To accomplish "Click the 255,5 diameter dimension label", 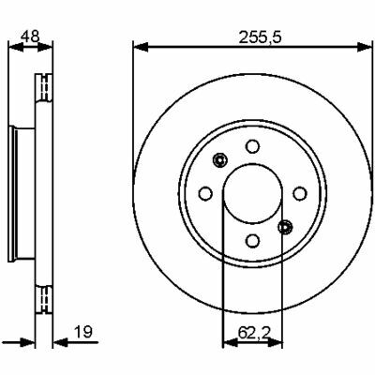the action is pos(261,37).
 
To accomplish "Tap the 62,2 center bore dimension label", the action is pos(253,332).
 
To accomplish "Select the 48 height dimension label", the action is pos(30,37).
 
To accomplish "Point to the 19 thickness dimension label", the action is pos(83,332).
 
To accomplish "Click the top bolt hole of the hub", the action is pos(252,146).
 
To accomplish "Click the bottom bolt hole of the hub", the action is pos(252,240).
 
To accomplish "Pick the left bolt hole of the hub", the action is pos(205,194).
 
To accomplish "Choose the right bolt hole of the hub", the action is pos(300,194).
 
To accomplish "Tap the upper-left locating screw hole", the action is pos(219,160).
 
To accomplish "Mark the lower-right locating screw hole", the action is pos(285,227).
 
